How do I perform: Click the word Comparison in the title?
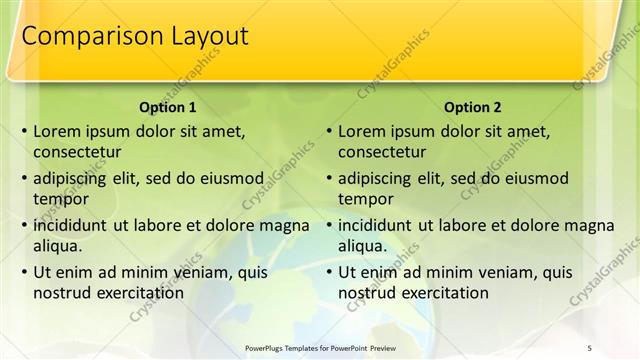click(x=84, y=36)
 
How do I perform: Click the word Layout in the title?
click(x=199, y=36)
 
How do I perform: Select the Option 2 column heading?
click(x=472, y=107)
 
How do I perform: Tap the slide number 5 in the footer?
click(x=589, y=347)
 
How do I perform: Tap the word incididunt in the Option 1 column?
click(x=73, y=225)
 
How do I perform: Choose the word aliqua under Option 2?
click(x=362, y=246)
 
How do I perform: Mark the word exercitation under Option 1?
click(x=138, y=293)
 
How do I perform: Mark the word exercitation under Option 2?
click(x=443, y=293)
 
